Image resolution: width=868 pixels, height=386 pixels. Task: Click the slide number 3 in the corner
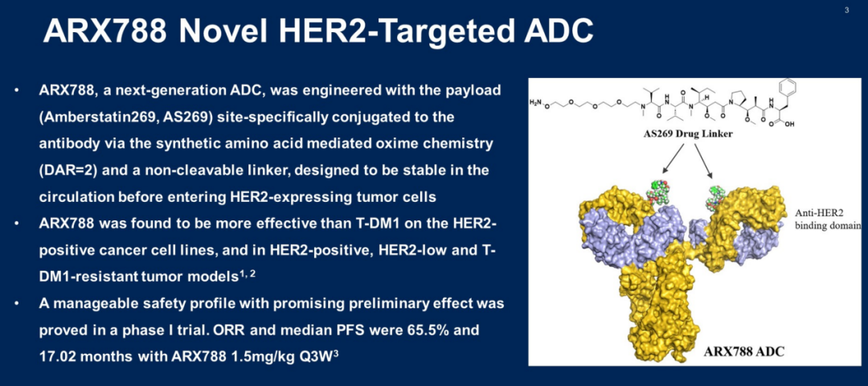click(x=847, y=10)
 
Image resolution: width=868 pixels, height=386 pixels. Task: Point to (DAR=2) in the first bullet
click(x=70, y=170)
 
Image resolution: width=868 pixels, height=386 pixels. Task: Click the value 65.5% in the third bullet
click(x=424, y=331)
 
